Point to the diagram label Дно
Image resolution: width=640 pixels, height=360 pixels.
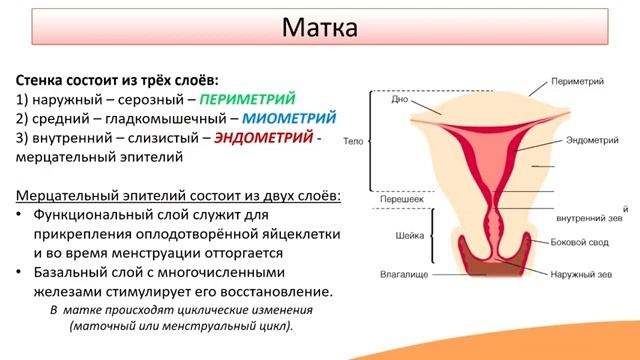point(398,101)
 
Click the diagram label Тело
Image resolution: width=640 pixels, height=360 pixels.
point(353,142)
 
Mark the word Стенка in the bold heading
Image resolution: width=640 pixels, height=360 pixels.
point(42,80)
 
